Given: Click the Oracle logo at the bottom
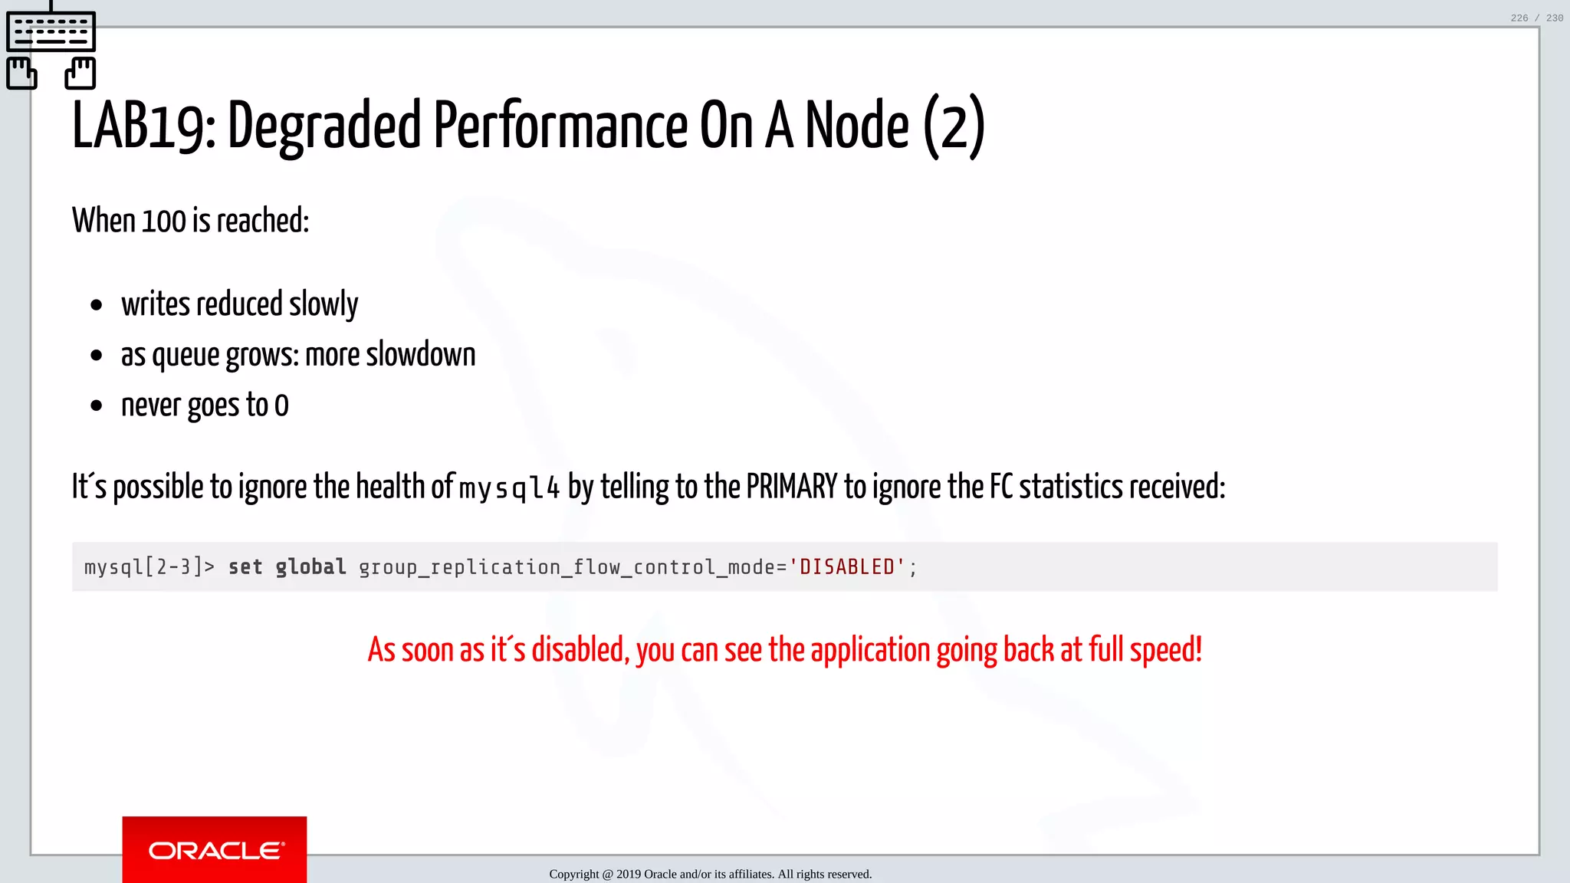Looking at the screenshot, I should [215, 850].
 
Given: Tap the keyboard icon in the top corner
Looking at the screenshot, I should [51, 31].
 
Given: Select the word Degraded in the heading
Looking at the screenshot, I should [324, 126].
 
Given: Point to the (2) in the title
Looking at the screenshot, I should [954, 126].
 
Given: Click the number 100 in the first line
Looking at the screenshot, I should [164, 222].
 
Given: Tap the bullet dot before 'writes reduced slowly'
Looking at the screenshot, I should [96, 306].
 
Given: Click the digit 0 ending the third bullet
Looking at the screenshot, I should [281, 405].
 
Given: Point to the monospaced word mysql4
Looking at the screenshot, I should [510, 488].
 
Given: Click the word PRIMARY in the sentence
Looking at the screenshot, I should [792, 487].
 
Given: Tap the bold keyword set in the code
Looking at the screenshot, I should [245, 567].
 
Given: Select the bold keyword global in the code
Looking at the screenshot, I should [310, 567].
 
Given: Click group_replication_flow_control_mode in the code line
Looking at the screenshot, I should [567, 567].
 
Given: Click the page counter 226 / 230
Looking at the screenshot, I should [1536, 18].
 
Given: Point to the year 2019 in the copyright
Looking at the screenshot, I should [629, 874].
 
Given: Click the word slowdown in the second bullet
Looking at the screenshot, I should [421, 355].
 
